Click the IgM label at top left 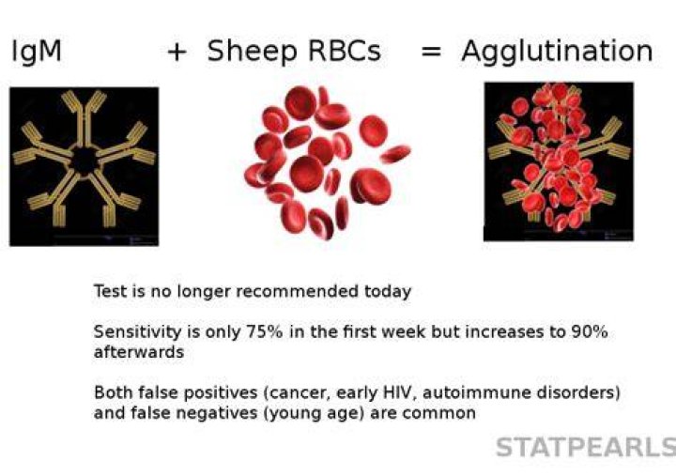click(x=37, y=52)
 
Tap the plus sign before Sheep click(x=177, y=53)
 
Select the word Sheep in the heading click(x=252, y=52)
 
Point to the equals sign click(x=431, y=53)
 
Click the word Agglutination click(x=557, y=52)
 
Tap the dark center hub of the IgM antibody click(x=84, y=161)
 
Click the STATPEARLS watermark click(x=586, y=447)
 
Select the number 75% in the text click(x=264, y=332)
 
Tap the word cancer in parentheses click(x=298, y=393)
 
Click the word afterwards click(x=139, y=352)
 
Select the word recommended click(x=298, y=291)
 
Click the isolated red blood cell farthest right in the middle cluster click(x=396, y=153)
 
